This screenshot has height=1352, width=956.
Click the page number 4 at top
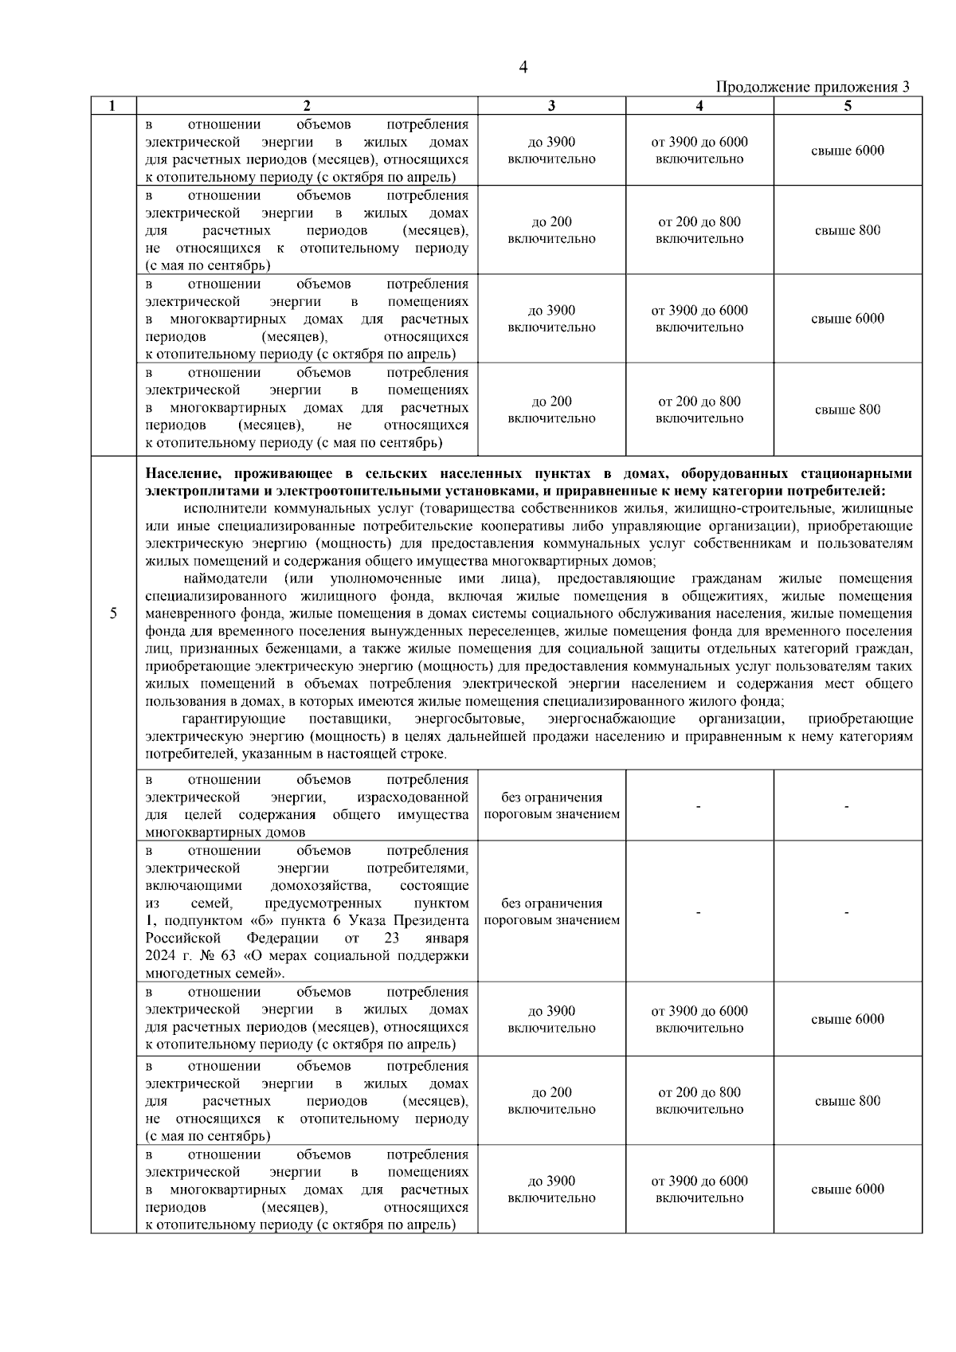(x=523, y=68)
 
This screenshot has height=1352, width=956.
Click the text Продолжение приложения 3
(x=813, y=87)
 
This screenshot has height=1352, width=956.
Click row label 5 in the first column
(x=113, y=613)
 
